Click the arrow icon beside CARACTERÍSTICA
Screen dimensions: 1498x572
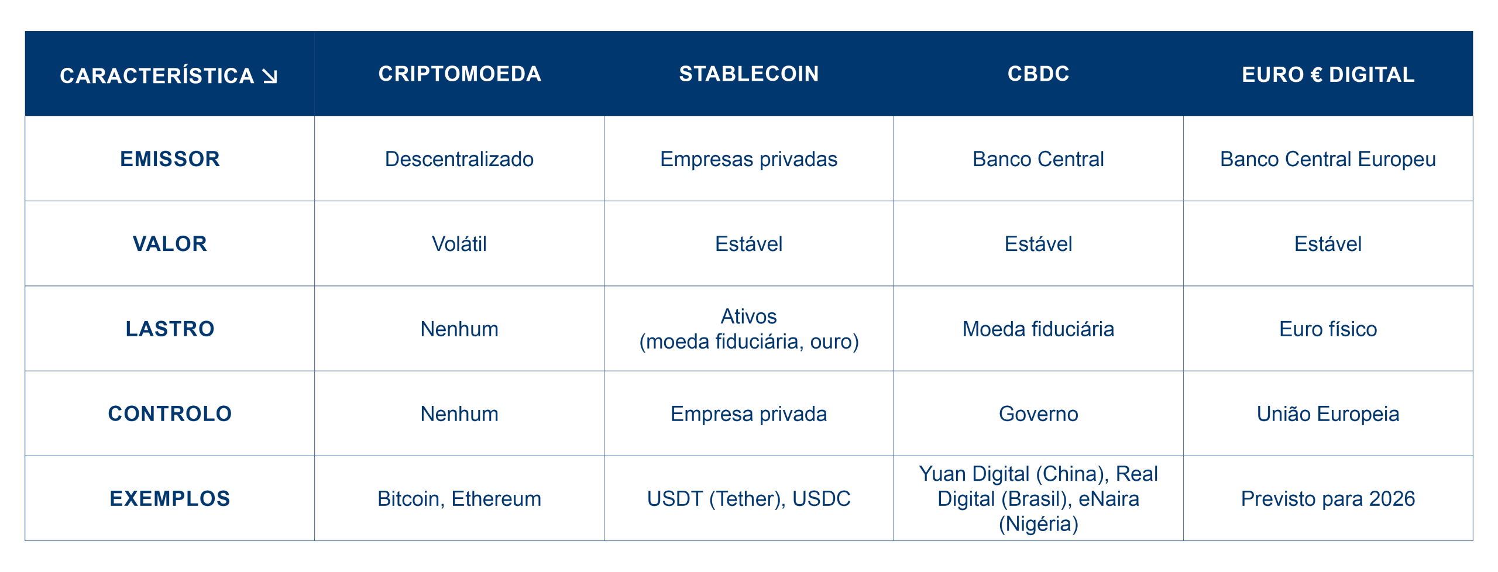(x=270, y=76)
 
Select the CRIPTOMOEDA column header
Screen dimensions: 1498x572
(x=459, y=74)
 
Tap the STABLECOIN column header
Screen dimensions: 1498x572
(x=748, y=74)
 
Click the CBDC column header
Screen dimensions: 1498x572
(x=1038, y=74)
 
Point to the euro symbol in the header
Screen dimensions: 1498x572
(x=1316, y=75)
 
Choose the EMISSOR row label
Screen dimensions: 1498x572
(x=170, y=159)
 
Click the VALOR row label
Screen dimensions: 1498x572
(x=170, y=244)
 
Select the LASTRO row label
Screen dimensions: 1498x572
(x=170, y=329)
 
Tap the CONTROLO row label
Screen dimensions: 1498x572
(x=170, y=414)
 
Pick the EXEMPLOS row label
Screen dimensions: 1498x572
(x=170, y=498)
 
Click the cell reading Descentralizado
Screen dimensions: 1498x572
(x=459, y=159)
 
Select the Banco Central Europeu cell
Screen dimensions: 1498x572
(x=1328, y=160)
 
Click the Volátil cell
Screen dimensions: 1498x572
(x=459, y=244)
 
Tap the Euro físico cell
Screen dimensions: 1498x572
(x=1328, y=329)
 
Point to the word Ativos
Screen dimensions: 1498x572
(x=748, y=316)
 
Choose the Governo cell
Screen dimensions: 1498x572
(x=1038, y=414)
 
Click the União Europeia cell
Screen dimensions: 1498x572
(x=1328, y=414)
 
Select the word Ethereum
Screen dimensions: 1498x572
(x=496, y=499)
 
